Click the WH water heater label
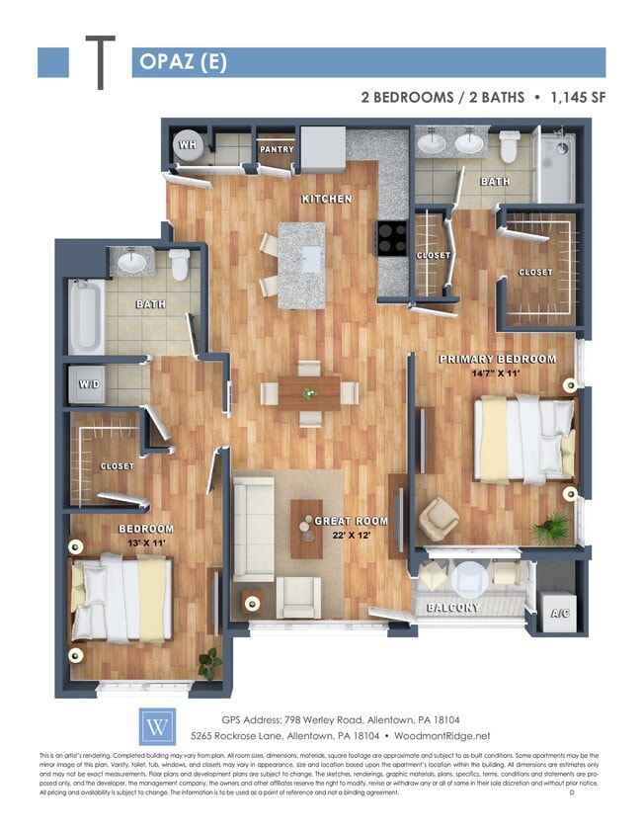[x=187, y=145]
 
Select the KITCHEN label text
[x=326, y=199]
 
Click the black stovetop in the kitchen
[x=390, y=238]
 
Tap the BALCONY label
[x=453, y=608]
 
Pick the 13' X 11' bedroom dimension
[x=147, y=543]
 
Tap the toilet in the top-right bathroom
[x=509, y=147]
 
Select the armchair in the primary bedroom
[x=439, y=518]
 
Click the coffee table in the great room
[x=305, y=527]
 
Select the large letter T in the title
[x=100, y=61]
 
